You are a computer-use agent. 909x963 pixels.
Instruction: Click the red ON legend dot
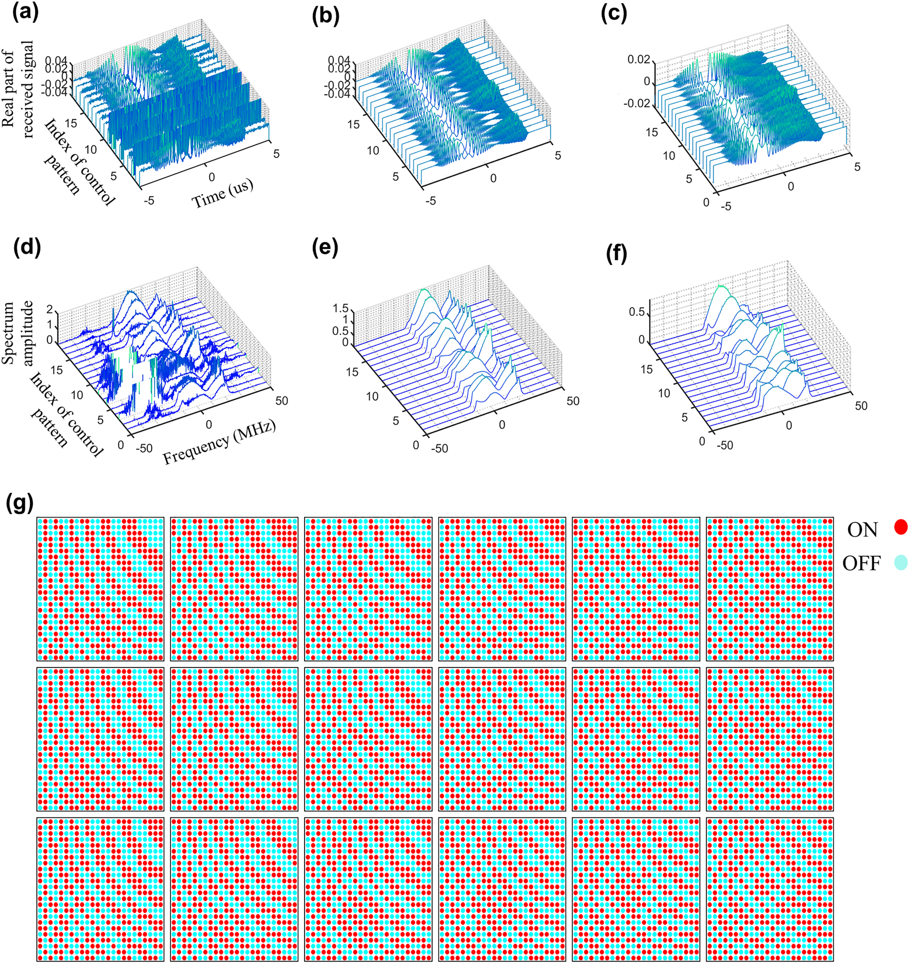coord(900,526)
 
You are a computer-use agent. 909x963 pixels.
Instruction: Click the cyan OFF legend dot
coord(900,562)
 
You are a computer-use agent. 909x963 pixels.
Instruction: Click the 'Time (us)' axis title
coord(223,193)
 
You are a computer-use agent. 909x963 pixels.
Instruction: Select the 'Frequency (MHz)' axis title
coord(219,442)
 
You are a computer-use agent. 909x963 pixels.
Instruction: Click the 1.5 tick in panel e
coord(340,308)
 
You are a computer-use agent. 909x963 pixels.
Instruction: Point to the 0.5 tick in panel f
coord(636,312)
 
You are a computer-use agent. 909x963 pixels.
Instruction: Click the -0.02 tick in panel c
coord(636,103)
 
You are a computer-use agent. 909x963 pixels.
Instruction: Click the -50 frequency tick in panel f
coord(724,445)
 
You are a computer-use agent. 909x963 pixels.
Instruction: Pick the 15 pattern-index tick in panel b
coord(353,124)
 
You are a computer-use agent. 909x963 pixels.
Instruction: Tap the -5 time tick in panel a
coord(148,200)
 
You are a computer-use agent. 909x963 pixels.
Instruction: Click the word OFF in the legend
coord(861,563)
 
